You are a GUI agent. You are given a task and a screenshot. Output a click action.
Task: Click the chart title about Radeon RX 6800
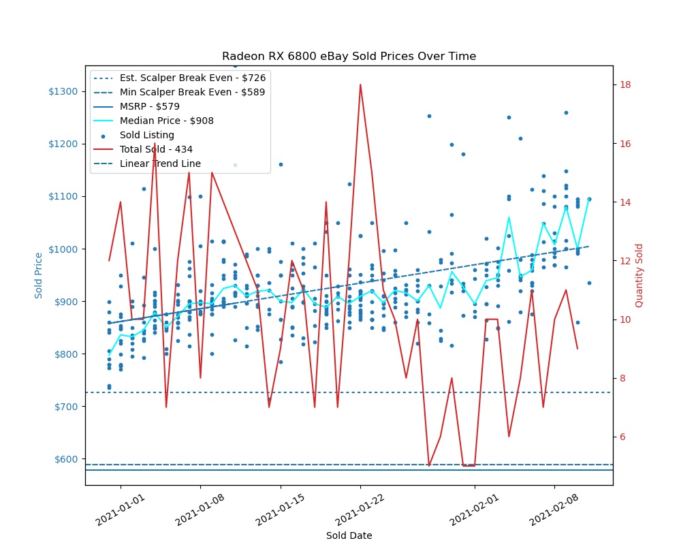349,56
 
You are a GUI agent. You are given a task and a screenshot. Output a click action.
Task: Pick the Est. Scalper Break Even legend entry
193,78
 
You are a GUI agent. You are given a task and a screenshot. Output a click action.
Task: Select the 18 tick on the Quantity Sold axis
624,85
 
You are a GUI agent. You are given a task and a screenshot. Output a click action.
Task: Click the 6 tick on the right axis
622,437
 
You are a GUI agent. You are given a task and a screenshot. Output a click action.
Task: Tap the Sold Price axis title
39,275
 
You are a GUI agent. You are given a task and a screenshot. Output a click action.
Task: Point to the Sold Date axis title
349,535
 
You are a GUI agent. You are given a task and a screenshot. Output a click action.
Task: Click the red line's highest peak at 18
360,84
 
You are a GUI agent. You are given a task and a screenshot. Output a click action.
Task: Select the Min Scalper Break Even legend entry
193,92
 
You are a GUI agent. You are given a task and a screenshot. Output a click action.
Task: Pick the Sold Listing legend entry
146,135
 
